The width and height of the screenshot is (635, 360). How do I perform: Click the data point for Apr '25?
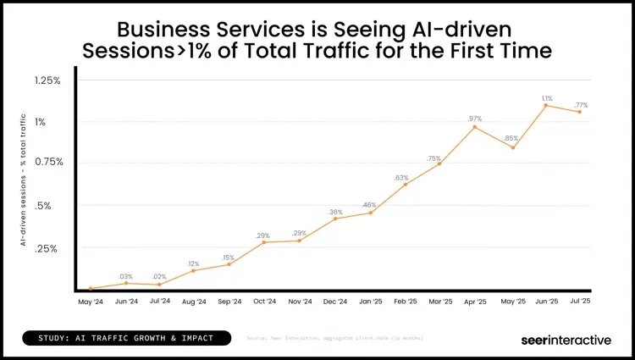[x=475, y=127]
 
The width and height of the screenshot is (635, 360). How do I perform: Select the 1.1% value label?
[x=546, y=98]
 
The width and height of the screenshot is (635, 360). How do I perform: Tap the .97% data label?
[x=474, y=118]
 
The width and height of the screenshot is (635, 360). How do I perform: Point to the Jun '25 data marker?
[x=546, y=105]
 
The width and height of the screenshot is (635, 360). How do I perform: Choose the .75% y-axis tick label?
[x=48, y=162]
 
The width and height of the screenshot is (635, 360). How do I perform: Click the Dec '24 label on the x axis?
[x=335, y=302]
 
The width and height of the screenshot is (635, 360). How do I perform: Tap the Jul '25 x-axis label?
[x=581, y=302]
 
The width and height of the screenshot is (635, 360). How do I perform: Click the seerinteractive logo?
[x=565, y=340]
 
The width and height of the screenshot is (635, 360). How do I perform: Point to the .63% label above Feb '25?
[x=401, y=177]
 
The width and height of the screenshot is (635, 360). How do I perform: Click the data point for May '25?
[x=511, y=147]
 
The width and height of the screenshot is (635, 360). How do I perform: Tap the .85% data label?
[x=511, y=138]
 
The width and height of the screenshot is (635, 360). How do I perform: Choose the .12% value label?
[x=193, y=263]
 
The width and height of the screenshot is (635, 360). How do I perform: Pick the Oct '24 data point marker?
[x=264, y=242]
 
